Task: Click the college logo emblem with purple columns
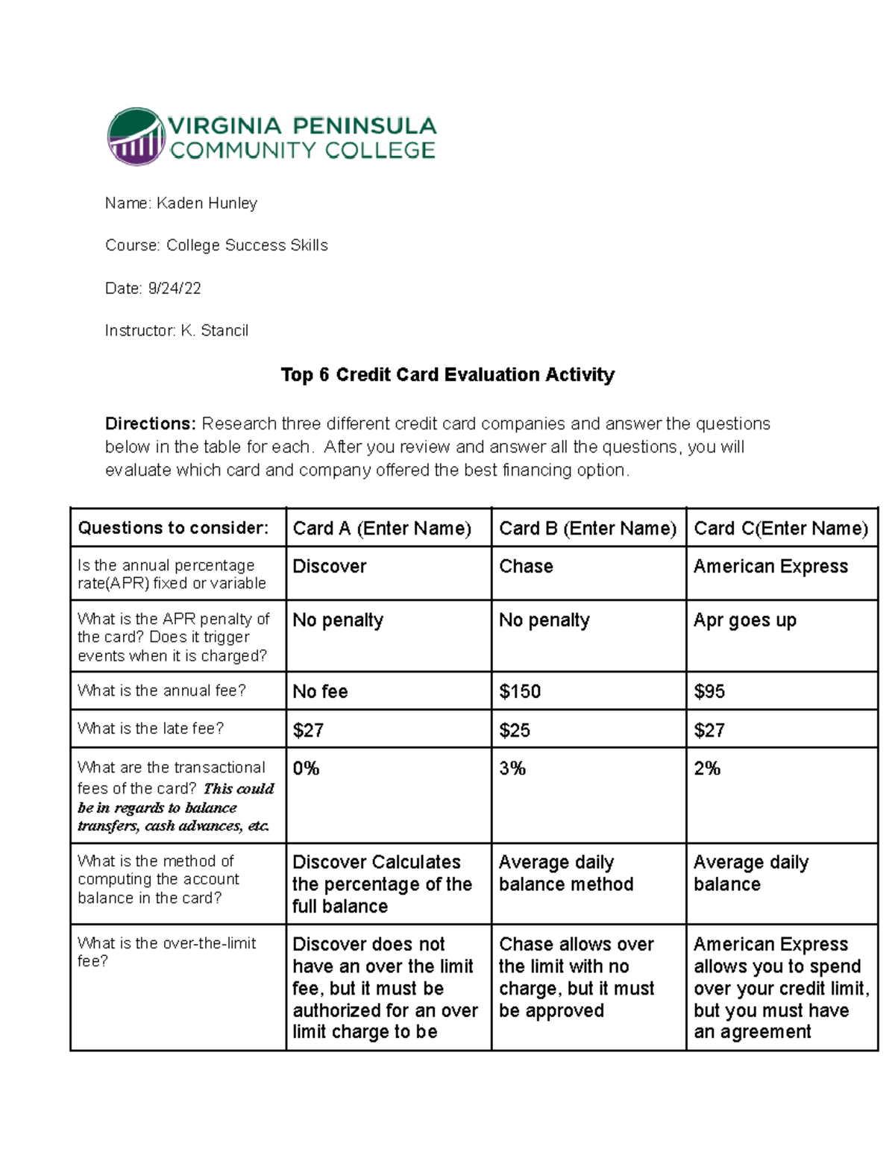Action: tap(136, 136)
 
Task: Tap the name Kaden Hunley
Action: tap(207, 204)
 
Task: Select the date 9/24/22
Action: tap(175, 289)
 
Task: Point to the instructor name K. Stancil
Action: tap(214, 331)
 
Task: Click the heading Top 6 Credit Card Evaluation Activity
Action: tap(447, 374)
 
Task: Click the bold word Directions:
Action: tap(150, 424)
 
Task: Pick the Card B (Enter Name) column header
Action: tap(587, 529)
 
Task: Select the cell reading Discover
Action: tap(330, 567)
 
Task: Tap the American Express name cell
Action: tap(770, 567)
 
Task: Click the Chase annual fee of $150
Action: tap(520, 691)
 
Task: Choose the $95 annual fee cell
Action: tap(709, 691)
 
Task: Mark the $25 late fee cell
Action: tap(515, 730)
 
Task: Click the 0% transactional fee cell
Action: tap(306, 769)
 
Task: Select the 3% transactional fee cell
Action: tap(512, 769)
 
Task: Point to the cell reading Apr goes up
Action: tap(744, 620)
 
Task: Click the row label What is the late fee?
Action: tap(151, 729)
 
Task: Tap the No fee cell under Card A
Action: tap(320, 691)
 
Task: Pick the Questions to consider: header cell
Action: tap(173, 528)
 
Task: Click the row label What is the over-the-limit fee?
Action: tap(166, 952)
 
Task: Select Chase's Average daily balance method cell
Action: tap(566, 873)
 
